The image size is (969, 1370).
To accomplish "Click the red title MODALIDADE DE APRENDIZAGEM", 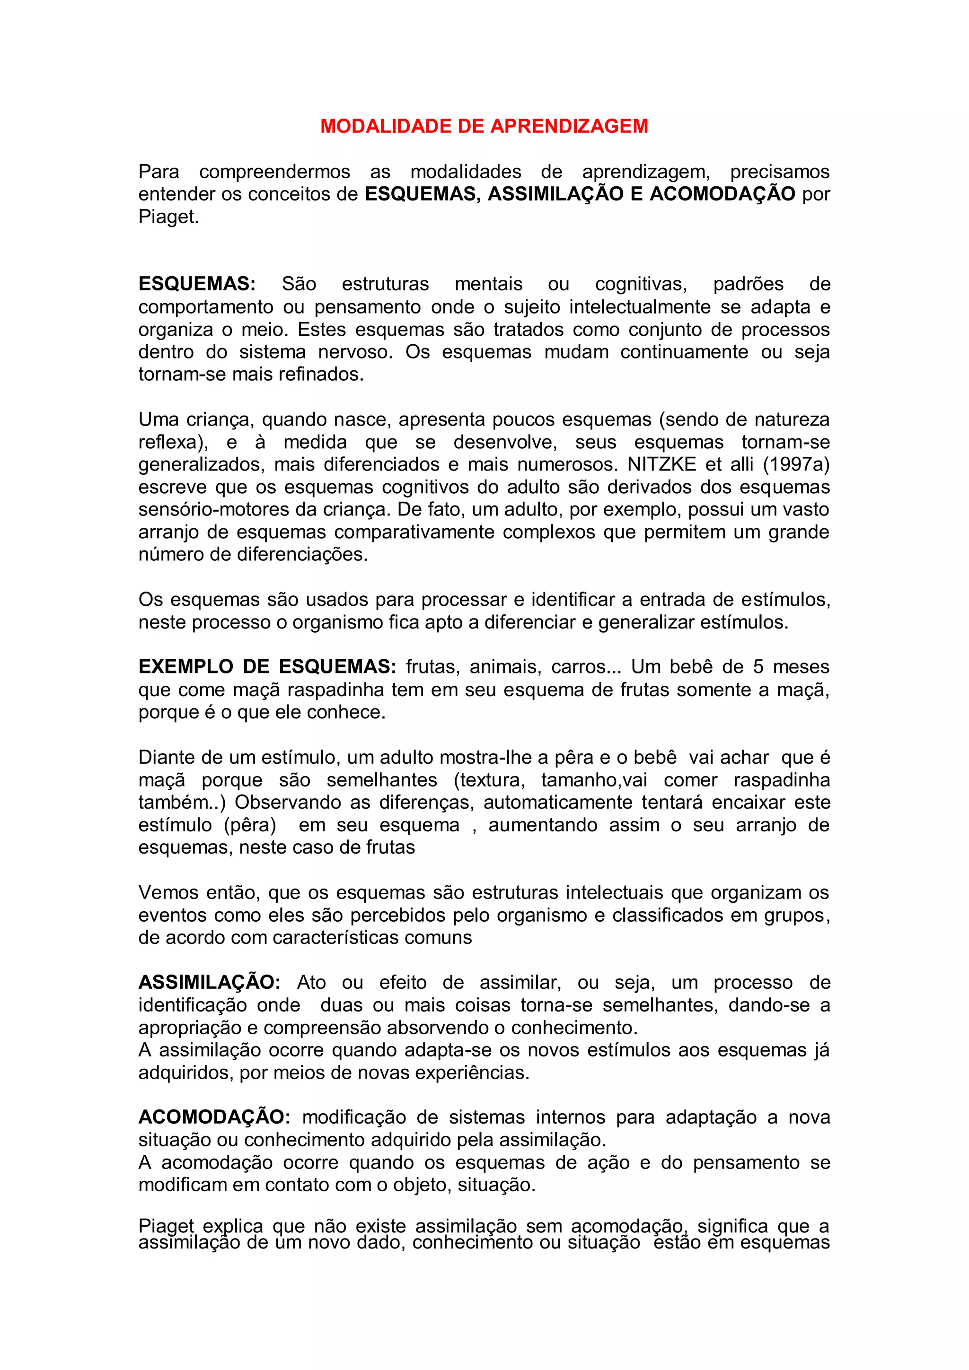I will click(x=484, y=126).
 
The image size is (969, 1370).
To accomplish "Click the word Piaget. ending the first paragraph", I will click(x=168, y=217).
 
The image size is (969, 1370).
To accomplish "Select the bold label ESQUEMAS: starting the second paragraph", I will click(x=197, y=284).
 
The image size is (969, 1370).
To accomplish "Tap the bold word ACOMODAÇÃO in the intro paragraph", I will click(x=722, y=194).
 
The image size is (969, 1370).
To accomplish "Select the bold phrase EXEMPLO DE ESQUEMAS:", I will click(x=267, y=666).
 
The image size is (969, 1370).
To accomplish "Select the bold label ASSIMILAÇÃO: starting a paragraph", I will click(x=209, y=983).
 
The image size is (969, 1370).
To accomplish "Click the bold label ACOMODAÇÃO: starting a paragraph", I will click(x=214, y=1117).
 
